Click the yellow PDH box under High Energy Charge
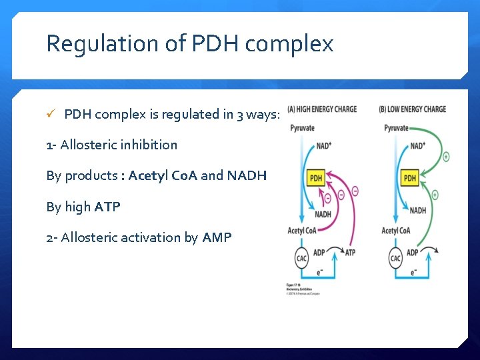315,178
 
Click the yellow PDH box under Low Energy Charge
410,178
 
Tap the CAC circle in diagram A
301,257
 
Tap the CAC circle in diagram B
395,257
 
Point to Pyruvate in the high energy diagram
302,128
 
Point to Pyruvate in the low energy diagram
397,128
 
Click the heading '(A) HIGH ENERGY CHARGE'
322,109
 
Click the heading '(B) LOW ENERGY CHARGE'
413,109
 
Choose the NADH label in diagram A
323,215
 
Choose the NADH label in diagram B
418,211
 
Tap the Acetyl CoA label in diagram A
301,231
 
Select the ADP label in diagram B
413,253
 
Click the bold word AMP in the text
217,237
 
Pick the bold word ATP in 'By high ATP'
107,207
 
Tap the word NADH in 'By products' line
247,176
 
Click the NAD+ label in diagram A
325,145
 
